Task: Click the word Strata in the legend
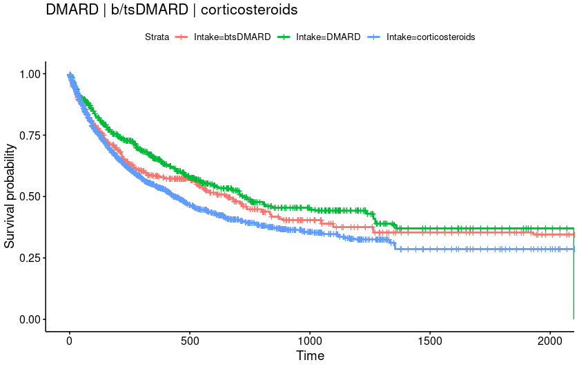[x=157, y=37]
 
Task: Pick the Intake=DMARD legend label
[x=328, y=37]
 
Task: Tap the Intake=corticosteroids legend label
[x=431, y=37]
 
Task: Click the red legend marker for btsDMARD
[x=183, y=37]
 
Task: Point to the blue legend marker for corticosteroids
[x=374, y=37]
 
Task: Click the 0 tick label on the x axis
[x=69, y=342]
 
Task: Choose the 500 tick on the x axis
[x=189, y=342]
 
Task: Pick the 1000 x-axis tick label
[x=309, y=342]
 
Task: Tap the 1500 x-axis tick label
[x=429, y=342]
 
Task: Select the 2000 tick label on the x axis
[x=549, y=342]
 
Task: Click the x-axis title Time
[x=310, y=357]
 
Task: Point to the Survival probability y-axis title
[x=10, y=196]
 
